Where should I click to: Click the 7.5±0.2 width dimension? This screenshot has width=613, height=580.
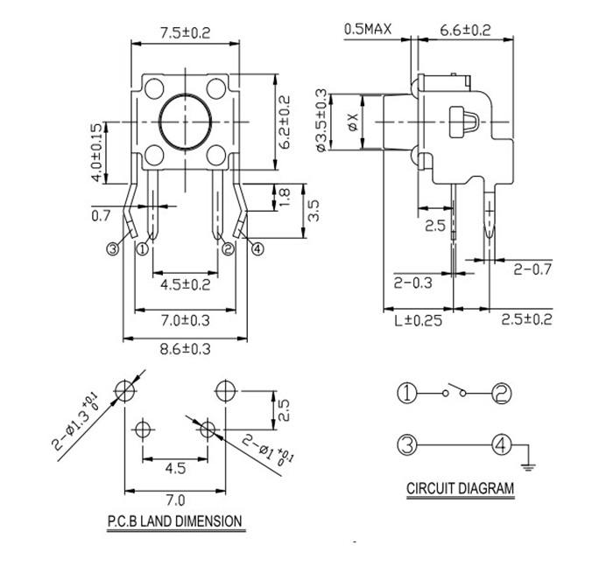(x=185, y=32)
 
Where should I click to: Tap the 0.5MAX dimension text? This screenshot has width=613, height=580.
(x=367, y=30)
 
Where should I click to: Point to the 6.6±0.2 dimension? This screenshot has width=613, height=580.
(x=464, y=30)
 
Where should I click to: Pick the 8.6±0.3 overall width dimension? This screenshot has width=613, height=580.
(x=184, y=349)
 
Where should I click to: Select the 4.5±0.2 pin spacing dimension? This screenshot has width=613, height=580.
(x=184, y=284)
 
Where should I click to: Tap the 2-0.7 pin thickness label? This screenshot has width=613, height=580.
(x=533, y=269)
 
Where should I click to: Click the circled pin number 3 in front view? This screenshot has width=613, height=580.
(x=112, y=249)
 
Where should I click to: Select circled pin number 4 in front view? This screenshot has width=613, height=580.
(x=257, y=249)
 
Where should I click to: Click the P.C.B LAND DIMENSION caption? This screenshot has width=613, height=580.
(x=174, y=521)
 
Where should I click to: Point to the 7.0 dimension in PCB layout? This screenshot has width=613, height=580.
(x=175, y=500)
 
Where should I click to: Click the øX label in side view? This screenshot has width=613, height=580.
(x=352, y=122)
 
